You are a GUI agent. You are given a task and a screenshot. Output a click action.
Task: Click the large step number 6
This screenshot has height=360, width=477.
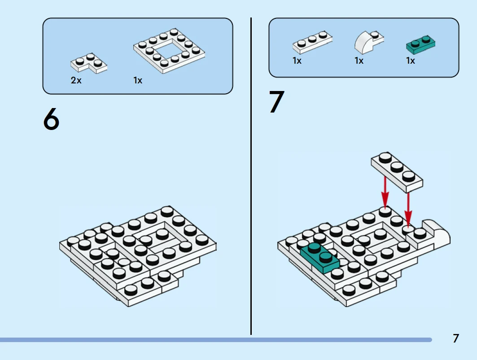[51, 120]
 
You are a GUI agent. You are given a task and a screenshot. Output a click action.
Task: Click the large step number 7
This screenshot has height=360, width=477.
[276, 102]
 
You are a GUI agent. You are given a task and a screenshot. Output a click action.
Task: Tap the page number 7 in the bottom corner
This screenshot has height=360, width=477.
[456, 338]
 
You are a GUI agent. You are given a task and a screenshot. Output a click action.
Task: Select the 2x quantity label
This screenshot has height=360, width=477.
[76, 81]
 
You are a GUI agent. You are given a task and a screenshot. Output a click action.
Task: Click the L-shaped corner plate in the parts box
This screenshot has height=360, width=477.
[89, 63]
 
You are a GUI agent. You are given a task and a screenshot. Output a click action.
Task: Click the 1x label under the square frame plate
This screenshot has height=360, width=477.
[138, 81]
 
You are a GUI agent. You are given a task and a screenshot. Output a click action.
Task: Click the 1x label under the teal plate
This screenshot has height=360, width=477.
[411, 61]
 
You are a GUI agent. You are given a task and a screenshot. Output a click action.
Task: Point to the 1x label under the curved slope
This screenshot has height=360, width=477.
[359, 61]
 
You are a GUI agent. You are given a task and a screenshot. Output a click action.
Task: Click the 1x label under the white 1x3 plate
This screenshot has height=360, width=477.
[297, 61]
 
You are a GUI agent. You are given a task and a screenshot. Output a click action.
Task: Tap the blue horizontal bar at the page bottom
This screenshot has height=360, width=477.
[215, 340]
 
